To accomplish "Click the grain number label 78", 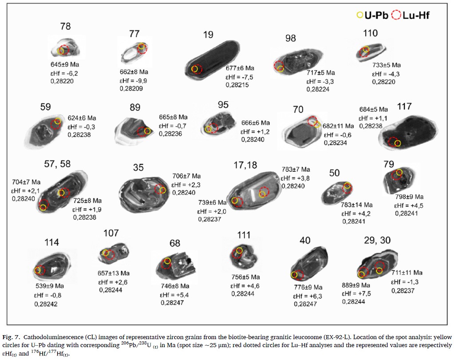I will pos(65,27).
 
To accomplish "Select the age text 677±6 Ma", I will pos(240,68).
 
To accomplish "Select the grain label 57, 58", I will pos(57,164).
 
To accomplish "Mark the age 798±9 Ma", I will pos(409,197).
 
